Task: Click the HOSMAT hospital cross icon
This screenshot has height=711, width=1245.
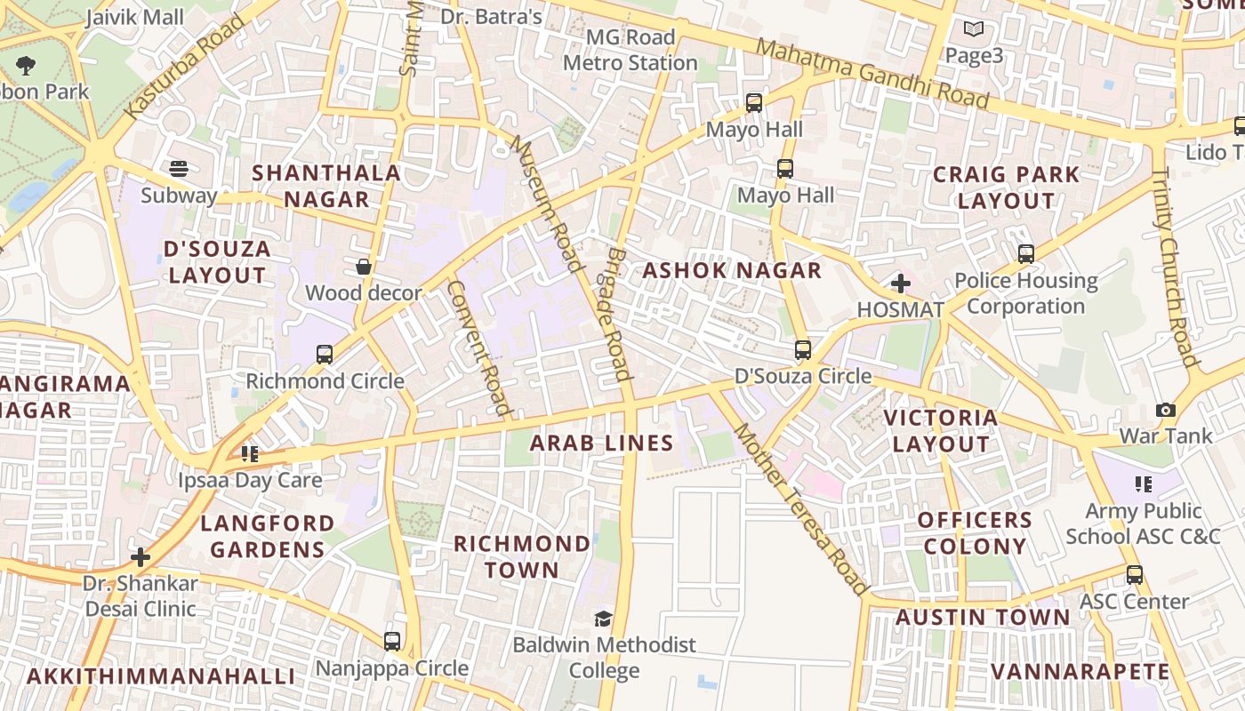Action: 900,284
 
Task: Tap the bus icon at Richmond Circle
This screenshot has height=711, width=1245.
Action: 325,355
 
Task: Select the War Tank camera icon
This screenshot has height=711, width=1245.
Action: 1165,410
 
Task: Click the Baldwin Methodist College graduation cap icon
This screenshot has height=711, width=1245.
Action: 604,619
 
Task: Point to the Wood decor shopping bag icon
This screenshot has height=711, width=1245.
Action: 363,267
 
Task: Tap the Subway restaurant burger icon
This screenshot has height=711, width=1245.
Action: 179,169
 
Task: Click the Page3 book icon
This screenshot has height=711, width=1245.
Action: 974,29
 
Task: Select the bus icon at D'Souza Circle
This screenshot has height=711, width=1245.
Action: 802,350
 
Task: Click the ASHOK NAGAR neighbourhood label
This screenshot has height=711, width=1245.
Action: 732,271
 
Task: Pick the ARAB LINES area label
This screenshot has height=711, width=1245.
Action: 601,443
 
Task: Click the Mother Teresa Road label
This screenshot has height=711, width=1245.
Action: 799,509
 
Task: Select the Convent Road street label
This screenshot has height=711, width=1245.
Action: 480,348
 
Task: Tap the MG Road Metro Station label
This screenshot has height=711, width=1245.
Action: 631,50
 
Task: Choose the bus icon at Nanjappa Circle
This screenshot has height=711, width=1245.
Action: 391,641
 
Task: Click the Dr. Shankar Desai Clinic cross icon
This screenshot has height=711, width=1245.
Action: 141,557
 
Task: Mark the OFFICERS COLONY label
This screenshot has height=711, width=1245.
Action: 974,532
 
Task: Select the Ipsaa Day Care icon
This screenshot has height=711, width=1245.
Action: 249,454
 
